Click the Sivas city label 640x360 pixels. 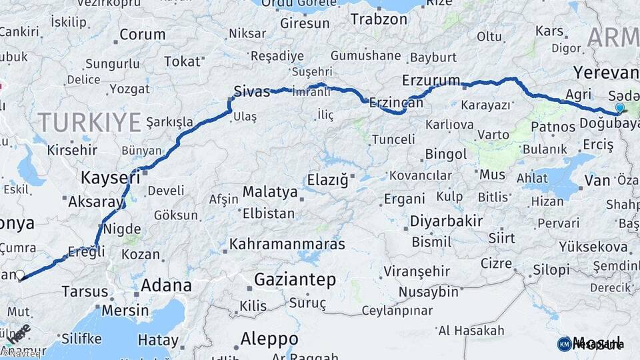(x=252, y=91)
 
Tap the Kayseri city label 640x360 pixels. (x=111, y=178)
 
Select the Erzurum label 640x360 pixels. (x=431, y=81)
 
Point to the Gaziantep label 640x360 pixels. (x=295, y=279)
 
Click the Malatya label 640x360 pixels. (x=269, y=192)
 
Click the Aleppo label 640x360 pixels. (x=269, y=337)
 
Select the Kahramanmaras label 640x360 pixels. (x=287, y=244)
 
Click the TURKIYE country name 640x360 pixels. (x=89, y=122)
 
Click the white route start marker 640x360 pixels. (x=20, y=275)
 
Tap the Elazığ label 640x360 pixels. (x=328, y=180)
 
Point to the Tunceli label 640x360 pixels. (x=393, y=139)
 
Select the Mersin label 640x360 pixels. (x=125, y=311)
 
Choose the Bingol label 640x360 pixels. (x=446, y=155)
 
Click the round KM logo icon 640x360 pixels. (x=564, y=344)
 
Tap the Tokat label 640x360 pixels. (x=181, y=62)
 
